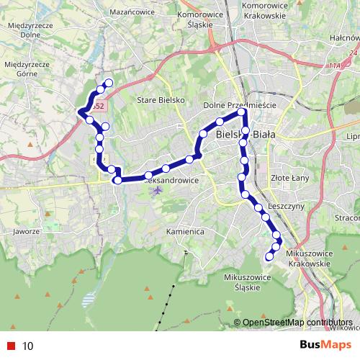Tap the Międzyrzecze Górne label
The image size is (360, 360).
[26, 68]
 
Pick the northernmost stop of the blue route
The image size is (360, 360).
[109, 83]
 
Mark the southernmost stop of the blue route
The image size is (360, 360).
[270, 256]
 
